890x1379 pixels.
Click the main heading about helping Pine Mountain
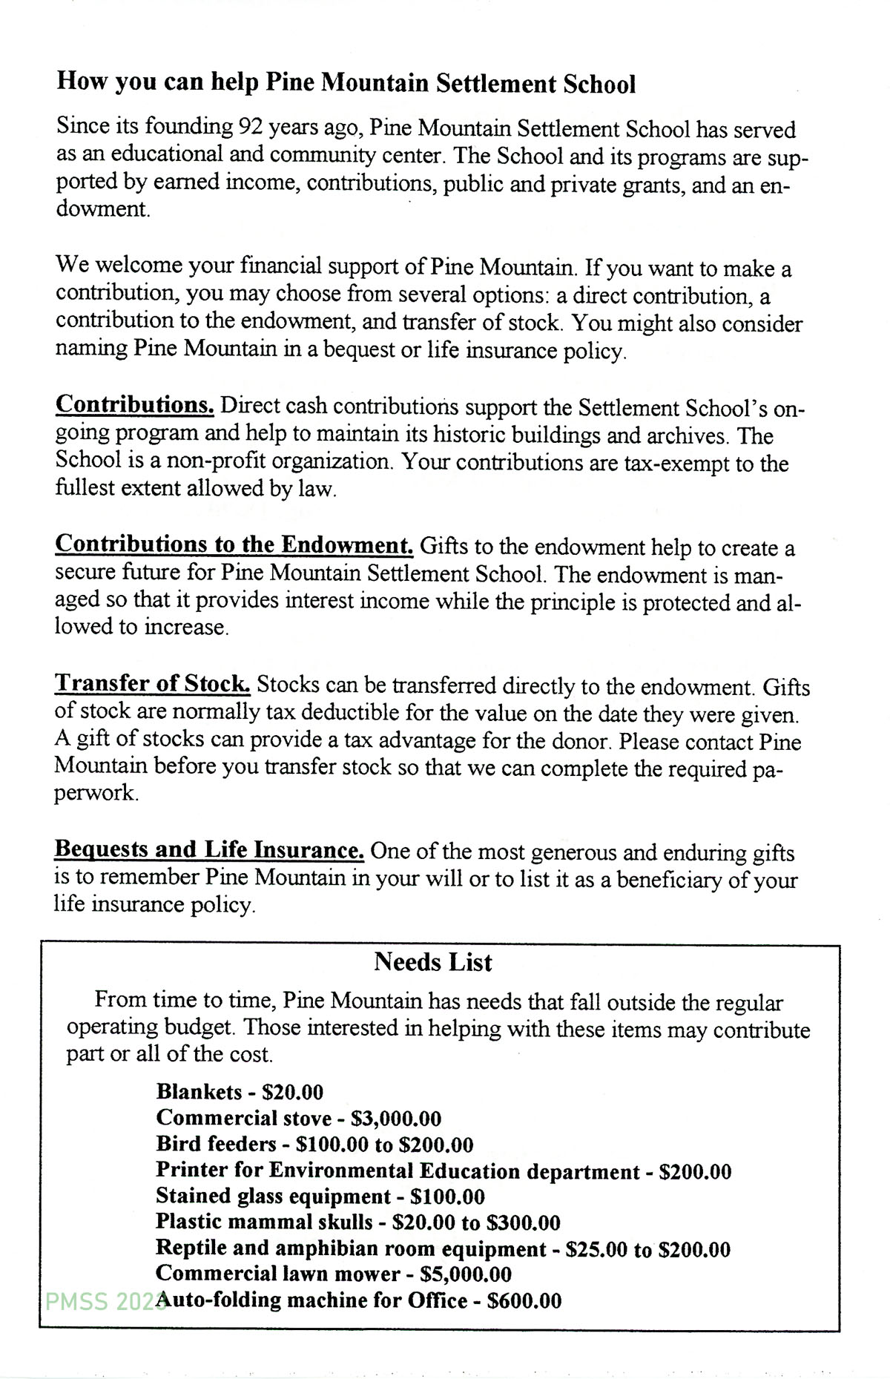[346, 83]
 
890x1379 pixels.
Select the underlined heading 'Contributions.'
[135, 405]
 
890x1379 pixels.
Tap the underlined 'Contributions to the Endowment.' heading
[234, 544]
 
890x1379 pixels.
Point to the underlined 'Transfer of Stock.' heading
[152, 683]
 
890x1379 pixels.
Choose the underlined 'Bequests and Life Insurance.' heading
[209, 849]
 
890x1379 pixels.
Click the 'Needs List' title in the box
[433, 962]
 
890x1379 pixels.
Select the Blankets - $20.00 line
[240, 1092]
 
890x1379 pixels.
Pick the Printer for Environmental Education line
[443, 1171]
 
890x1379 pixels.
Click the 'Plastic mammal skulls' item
[264, 1222]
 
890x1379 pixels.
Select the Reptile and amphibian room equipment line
[443, 1249]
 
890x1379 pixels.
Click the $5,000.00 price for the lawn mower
[466, 1274]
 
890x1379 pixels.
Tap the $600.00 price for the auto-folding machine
[524, 1300]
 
